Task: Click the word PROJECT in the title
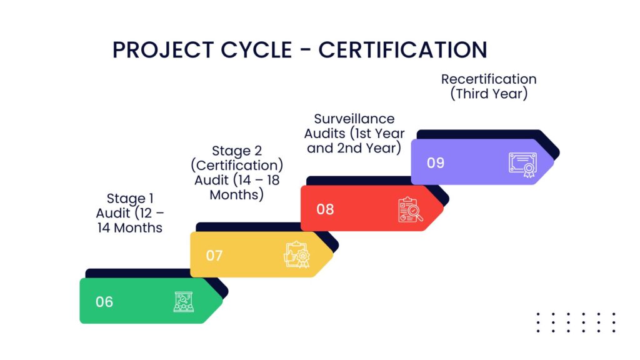163,50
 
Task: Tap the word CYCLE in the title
256,50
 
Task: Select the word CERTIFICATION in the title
402,50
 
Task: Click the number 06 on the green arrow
104,302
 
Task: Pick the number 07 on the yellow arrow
214,256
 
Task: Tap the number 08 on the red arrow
325,209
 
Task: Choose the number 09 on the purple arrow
436,163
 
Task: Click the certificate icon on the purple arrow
523,165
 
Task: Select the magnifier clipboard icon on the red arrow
410,210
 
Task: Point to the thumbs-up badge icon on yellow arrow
297,255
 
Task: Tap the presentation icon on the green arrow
184,302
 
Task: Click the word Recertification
489,79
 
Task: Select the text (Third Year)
489,94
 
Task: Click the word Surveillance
354,119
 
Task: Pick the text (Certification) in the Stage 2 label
237,165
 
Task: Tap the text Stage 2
237,151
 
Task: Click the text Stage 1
130,198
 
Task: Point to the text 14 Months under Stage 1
130,227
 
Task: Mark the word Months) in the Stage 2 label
237,195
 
